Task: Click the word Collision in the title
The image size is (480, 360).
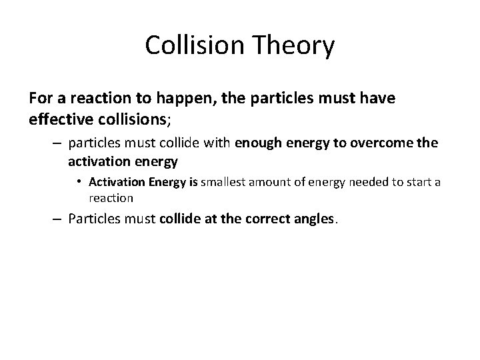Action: pos(192,47)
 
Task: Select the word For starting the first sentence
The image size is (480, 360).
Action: pos(41,99)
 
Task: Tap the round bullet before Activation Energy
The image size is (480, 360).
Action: pos(79,182)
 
